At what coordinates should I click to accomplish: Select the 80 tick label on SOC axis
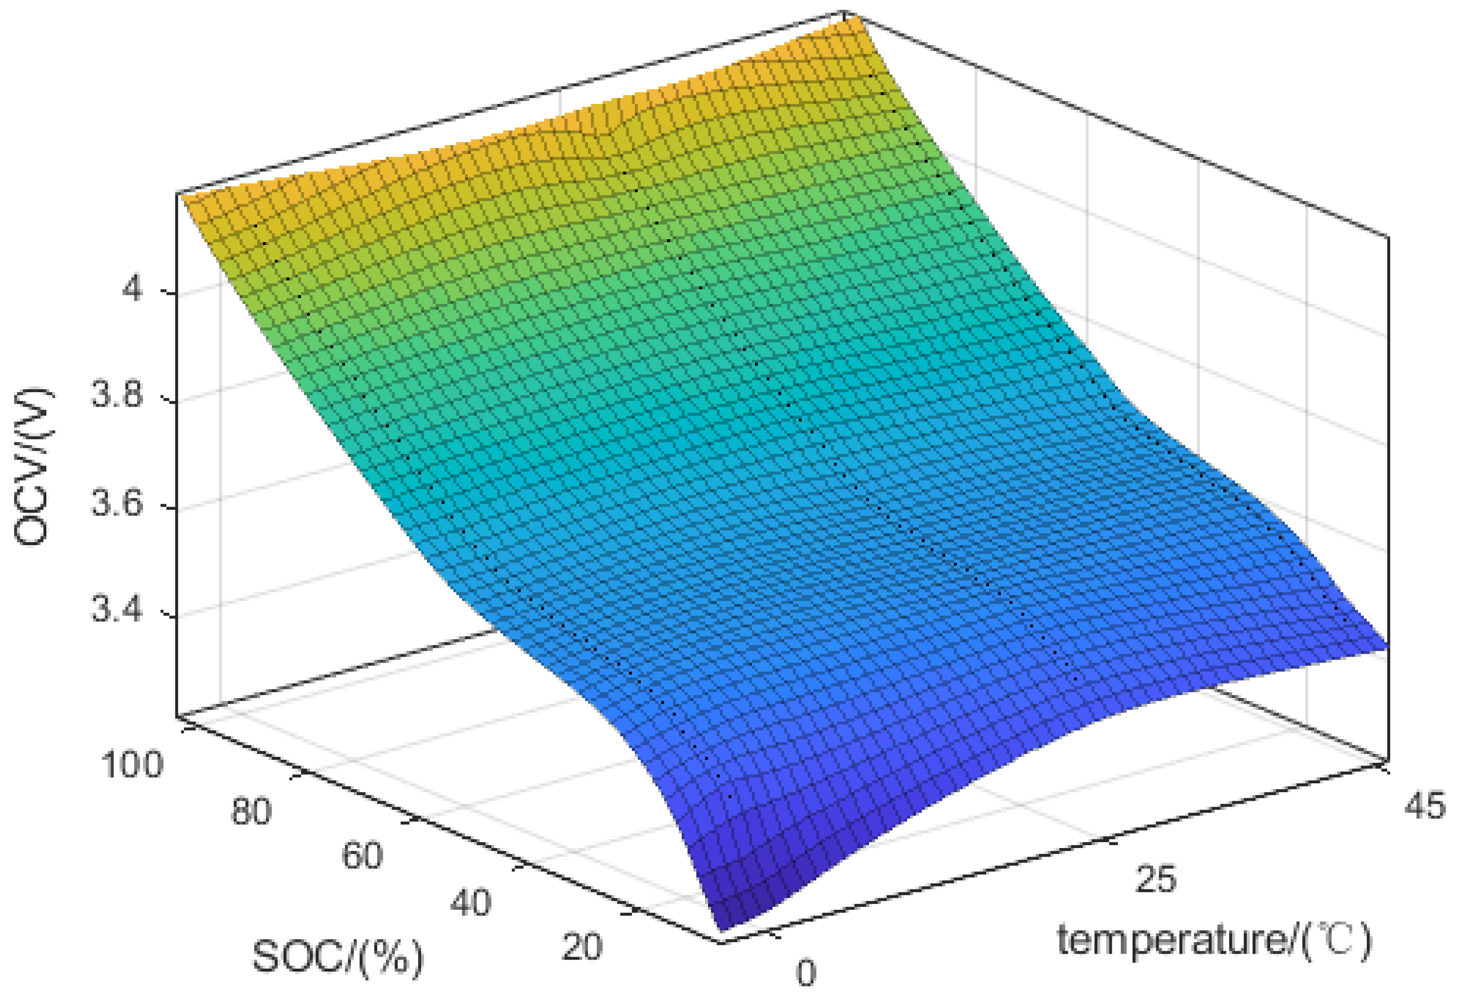(251, 812)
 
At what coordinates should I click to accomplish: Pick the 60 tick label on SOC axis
(362, 857)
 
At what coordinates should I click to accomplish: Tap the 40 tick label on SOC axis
(470, 903)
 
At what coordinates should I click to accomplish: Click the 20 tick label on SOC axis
(582, 947)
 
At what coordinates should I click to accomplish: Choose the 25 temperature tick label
(1155, 879)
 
